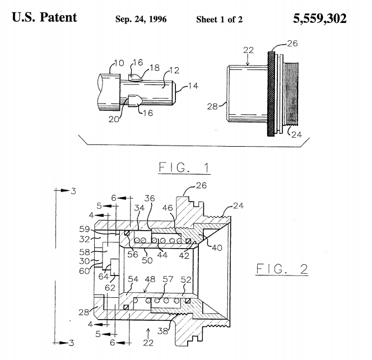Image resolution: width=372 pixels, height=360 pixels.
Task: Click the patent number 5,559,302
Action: coord(319,18)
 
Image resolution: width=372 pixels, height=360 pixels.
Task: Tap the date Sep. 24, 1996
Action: coord(141,19)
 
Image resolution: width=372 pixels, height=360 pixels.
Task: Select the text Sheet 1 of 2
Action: coord(220,20)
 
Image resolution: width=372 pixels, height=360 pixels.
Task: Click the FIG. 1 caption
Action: coord(184,167)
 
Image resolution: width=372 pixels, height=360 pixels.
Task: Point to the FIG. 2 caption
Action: coord(282,269)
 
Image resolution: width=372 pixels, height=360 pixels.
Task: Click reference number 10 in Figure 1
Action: coord(119,63)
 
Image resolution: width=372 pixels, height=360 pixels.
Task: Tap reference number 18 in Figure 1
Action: coord(155,68)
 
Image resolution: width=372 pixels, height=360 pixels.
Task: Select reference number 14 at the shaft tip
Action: coord(193,86)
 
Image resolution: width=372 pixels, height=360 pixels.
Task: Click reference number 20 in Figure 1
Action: coord(113,119)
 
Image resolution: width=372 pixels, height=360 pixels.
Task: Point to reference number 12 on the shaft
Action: coord(174,71)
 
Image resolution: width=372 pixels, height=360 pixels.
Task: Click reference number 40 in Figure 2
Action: coord(217,248)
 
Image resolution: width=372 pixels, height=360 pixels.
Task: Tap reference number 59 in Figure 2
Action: coord(85,229)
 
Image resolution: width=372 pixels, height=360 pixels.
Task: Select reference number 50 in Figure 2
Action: coord(147,260)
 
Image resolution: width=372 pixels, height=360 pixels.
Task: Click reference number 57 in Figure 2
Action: coord(168,279)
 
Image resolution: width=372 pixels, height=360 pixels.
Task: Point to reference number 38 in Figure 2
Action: coord(162,331)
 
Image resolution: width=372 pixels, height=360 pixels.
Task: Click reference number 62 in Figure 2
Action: coord(110,288)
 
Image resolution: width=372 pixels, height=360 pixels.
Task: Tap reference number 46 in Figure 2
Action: coord(168,208)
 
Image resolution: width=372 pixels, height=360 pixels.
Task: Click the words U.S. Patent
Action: coord(44,17)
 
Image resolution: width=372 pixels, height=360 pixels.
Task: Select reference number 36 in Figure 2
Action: coord(150,198)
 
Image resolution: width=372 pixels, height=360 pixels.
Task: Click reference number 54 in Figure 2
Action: coord(133,279)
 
